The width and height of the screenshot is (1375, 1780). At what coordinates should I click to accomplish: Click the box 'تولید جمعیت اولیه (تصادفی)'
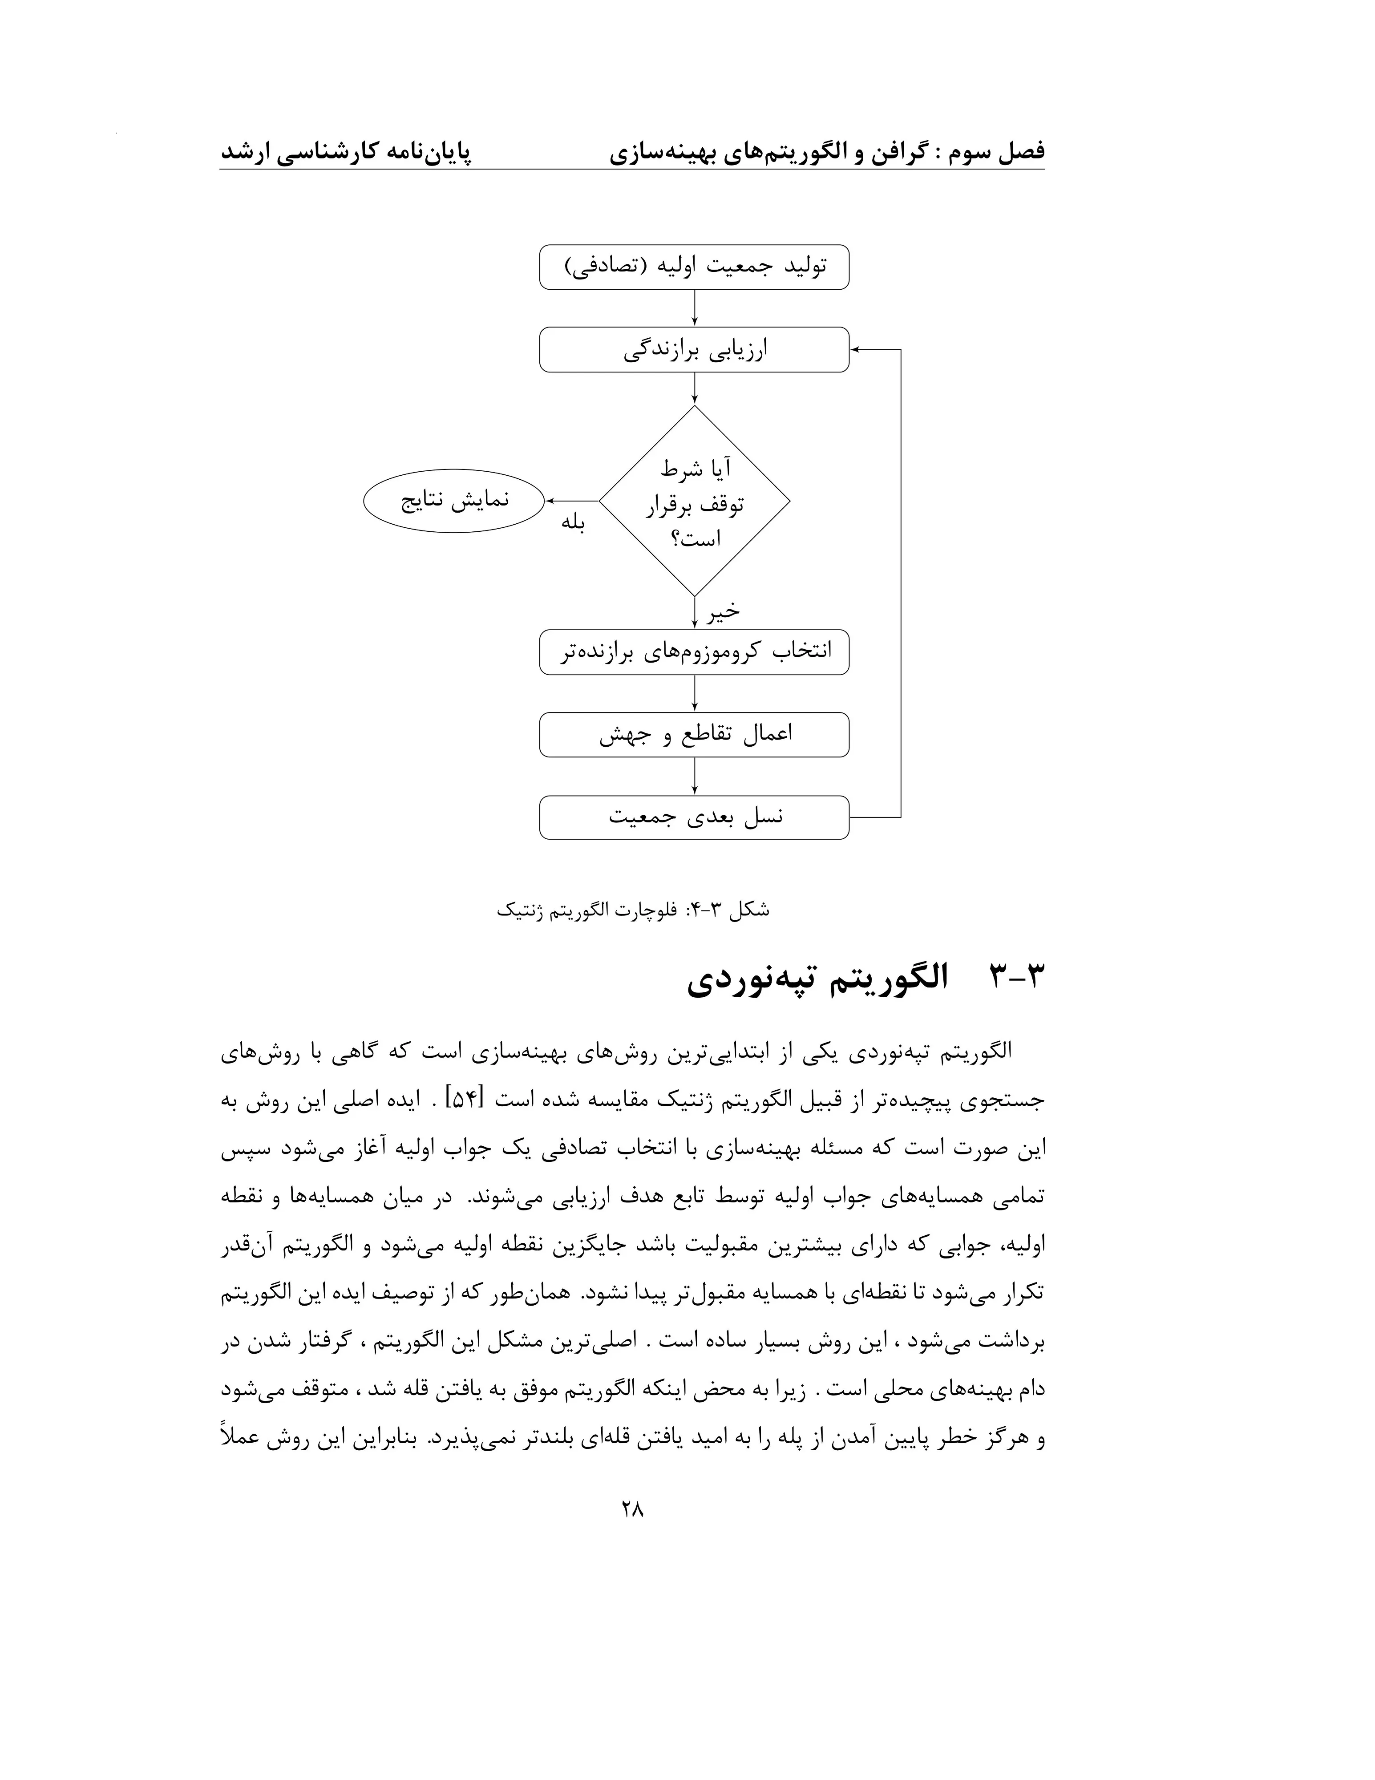[694, 267]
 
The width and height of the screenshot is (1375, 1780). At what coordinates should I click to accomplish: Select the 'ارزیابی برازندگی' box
[694, 350]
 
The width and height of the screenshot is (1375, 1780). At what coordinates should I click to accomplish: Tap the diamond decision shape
[694, 501]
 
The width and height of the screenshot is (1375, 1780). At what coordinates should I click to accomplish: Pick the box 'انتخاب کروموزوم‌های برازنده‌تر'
[694, 652]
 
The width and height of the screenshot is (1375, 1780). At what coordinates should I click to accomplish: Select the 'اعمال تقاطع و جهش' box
[694, 734]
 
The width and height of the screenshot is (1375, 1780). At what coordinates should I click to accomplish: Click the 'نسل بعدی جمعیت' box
[694, 817]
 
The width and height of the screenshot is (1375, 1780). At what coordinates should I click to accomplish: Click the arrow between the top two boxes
[694, 308]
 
